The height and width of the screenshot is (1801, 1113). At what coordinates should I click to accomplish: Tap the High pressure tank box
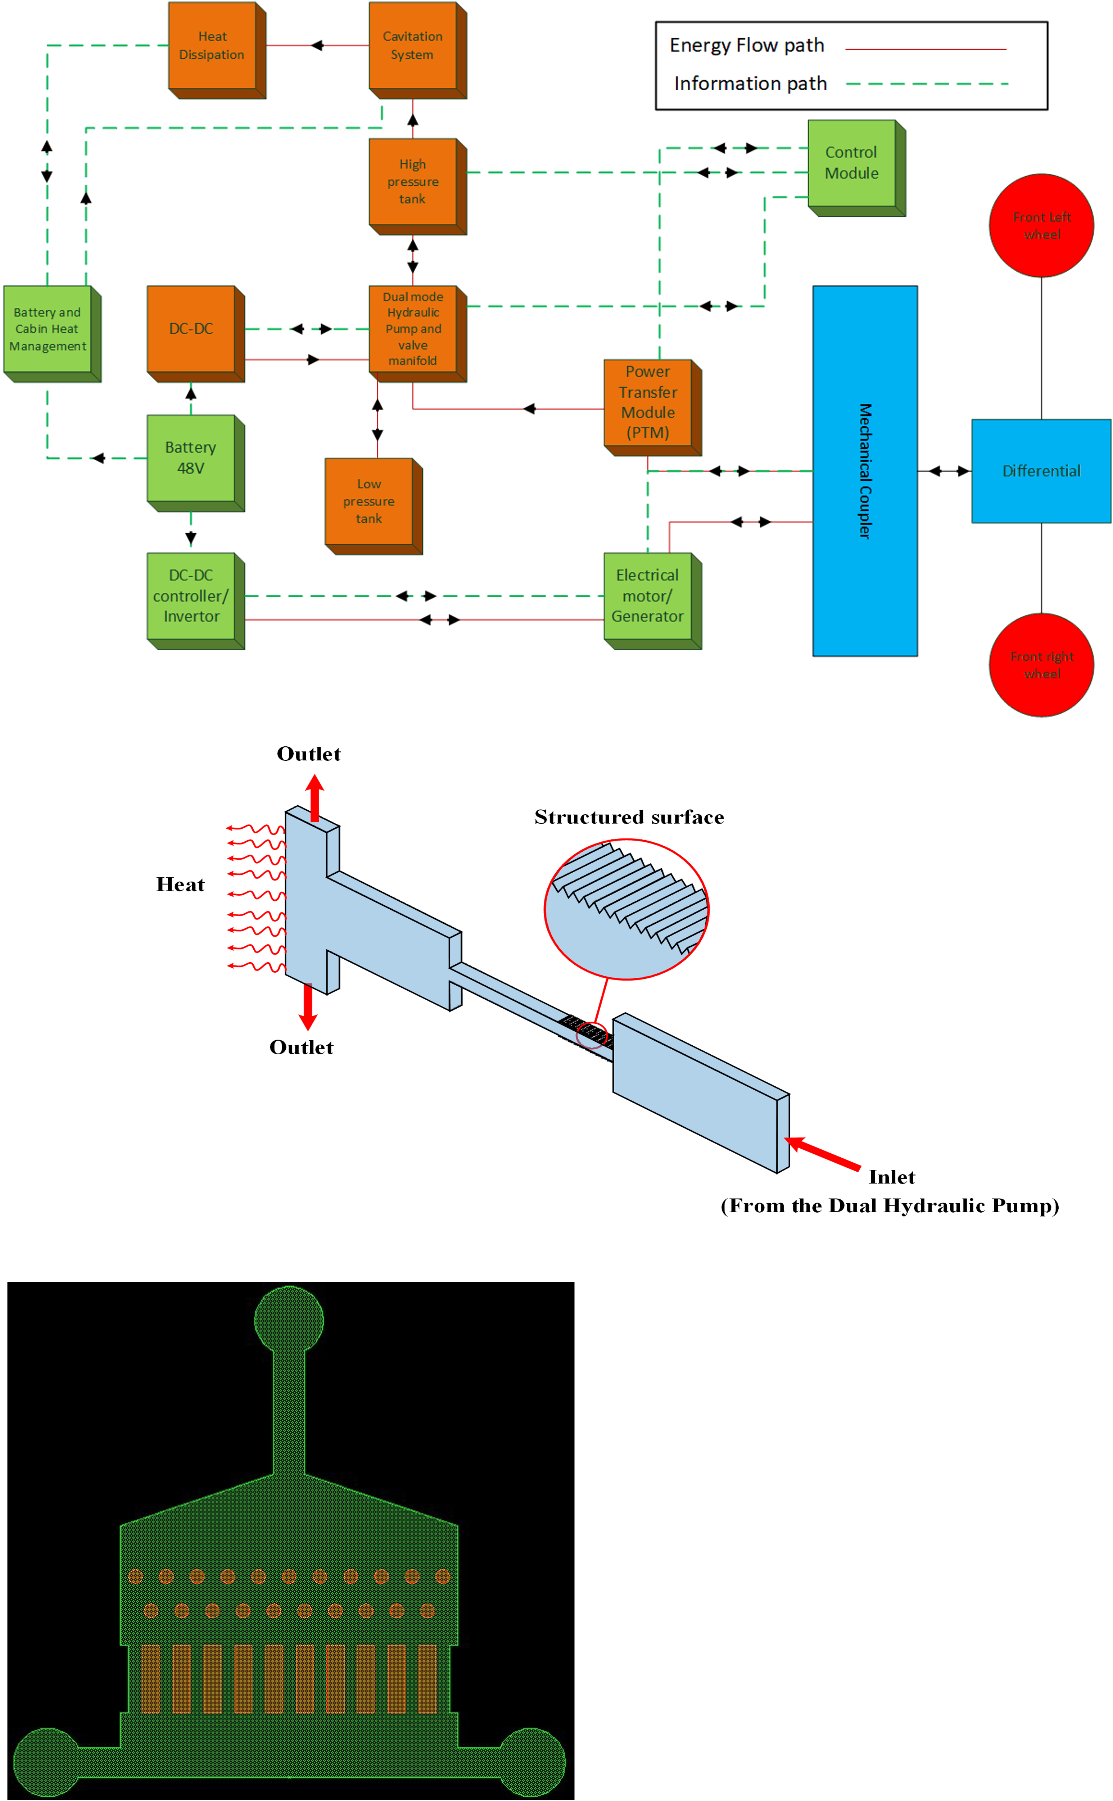pos(413,182)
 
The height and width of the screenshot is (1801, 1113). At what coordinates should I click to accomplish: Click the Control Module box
pos(852,163)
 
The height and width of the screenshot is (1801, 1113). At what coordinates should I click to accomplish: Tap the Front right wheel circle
pos(1042,665)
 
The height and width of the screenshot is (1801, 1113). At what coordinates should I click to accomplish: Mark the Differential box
pos(1042,471)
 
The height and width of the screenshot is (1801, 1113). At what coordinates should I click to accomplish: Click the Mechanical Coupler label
pos(866,471)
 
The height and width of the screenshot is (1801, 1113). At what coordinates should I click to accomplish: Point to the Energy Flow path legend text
pos(747,46)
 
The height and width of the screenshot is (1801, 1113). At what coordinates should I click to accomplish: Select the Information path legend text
pos(751,84)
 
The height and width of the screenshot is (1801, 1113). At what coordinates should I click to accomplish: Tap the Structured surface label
pos(629,817)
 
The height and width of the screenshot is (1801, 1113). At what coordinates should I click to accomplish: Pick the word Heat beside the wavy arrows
pos(180,885)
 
